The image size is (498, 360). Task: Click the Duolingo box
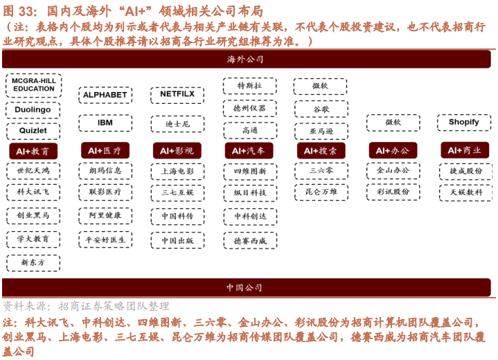pyautogui.click(x=33, y=110)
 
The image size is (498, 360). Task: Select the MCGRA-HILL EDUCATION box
pyautogui.click(x=34, y=85)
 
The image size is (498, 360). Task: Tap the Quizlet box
pyautogui.click(x=33, y=131)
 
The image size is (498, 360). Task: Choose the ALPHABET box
pyautogui.click(x=105, y=95)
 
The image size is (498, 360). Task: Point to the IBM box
pyautogui.click(x=105, y=123)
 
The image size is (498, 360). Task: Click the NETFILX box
pyautogui.click(x=177, y=94)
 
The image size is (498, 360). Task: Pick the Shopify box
pyautogui.click(x=464, y=123)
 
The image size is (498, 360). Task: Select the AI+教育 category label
pyautogui.click(x=33, y=151)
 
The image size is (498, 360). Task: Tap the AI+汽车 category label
pyautogui.click(x=249, y=151)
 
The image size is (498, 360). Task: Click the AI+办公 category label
pyautogui.click(x=393, y=150)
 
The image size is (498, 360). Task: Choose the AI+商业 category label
pyautogui.click(x=465, y=150)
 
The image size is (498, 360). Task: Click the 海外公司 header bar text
pyautogui.click(x=245, y=60)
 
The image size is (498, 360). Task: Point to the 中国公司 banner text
pyautogui.click(x=244, y=287)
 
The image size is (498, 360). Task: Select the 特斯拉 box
pyautogui.click(x=249, y=86)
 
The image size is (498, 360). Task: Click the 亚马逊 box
pyautogui.click(x=321, y=131)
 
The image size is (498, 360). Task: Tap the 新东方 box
pyautogui.click(x=33, y=263)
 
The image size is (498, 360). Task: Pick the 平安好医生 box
pyautogui.click(x=105, y=240)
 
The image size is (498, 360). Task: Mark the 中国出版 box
pyautogui.click(x=177, y=240)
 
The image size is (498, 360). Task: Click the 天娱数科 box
pyautogui.click(x=466, y=192)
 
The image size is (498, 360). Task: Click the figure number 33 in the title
pyautogui.click(x=26, y=12)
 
